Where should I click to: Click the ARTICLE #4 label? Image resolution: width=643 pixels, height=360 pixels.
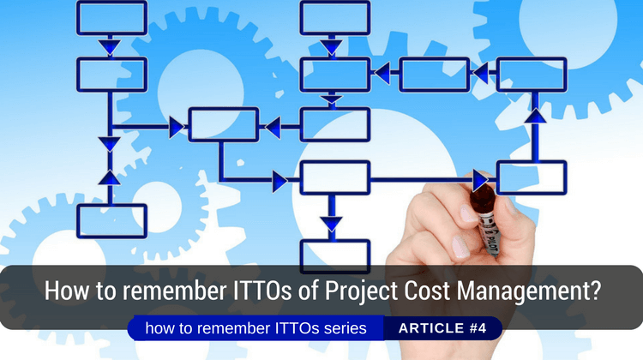(x=441, y=328)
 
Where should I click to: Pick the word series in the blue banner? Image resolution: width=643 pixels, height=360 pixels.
(x=343, y=328)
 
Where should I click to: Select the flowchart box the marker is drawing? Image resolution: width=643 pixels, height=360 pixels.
(x=531, y=177)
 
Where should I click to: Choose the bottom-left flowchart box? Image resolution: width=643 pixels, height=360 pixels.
(x=111, y=220)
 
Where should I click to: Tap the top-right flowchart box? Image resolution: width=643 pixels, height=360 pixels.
(x=531, y=74)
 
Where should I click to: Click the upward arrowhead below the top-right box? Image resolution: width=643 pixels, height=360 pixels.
(x=535, y=114)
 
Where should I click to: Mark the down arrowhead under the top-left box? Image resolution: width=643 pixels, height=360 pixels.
(x=111, y=48)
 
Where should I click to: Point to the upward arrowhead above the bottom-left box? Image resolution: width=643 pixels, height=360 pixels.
(x=111, y=177)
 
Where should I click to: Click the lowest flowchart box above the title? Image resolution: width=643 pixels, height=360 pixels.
(x=334, y=255)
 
